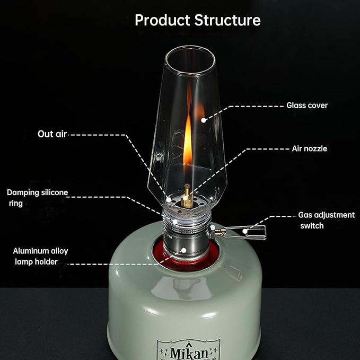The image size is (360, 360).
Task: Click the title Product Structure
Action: (198, 20)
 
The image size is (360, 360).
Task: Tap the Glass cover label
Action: (307, 106)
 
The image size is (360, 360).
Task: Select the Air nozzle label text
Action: (310, 148)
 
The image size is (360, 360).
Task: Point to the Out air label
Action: (52, 134)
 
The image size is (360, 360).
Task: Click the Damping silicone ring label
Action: (38, 198)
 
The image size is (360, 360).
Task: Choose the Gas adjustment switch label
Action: (327, 220)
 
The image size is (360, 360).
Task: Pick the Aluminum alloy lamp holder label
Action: (40, 256)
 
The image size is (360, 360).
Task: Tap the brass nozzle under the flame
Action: (187, 196)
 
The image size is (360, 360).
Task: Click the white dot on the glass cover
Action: (204, 120)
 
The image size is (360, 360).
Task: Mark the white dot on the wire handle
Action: (245, 231)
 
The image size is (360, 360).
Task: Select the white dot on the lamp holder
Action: (183, 250)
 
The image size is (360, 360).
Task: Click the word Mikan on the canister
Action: (189, 353)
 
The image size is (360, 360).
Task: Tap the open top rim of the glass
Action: (190, 48)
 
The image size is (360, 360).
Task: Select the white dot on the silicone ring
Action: (175, 222)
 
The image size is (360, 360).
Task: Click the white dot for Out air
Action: (169, 199)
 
